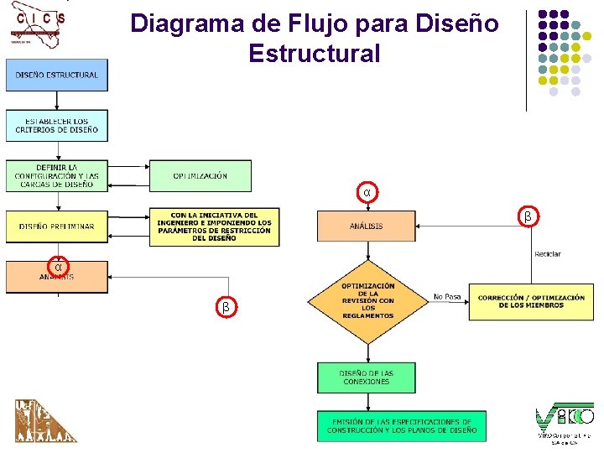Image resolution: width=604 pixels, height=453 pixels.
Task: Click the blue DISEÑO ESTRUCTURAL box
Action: (x=56, y=75)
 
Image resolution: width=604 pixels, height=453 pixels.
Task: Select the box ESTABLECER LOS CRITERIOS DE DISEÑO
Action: (x=56, y=126)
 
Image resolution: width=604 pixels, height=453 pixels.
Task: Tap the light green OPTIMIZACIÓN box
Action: (x=200, y=175)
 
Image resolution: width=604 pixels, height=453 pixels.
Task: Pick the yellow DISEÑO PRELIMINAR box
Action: (x=56, y=226)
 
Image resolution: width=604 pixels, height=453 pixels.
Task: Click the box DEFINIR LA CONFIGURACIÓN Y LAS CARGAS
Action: (x=56, y=175)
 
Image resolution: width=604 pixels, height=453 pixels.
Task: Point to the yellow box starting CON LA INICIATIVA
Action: (x=214, y=226)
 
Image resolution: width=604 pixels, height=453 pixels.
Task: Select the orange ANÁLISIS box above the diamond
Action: (x=366, y=226)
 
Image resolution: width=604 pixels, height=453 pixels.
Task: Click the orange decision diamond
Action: (x=367, y=300)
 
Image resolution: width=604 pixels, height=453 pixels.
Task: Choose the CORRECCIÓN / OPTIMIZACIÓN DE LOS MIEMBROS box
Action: (x=531, y=301)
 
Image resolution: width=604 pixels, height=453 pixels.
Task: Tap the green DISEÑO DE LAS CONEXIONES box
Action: (x=366, y=377)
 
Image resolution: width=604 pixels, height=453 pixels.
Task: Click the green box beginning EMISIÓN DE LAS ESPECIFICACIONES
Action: (x=401, y=425)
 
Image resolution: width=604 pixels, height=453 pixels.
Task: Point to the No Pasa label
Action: (x=447, y=296)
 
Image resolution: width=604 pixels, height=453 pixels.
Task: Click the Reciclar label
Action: (x=547, y=254)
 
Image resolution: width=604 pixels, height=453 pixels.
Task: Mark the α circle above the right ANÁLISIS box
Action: (x=367, y=193)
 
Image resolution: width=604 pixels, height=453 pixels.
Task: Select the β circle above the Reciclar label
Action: (x=528, y=217)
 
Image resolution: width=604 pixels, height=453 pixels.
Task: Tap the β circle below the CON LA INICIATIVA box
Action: (x=226, y=307)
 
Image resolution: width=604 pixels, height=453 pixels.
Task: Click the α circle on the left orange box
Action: (x=57, y=267)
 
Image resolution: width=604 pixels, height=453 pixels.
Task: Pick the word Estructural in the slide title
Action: (x=314, y=54)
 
